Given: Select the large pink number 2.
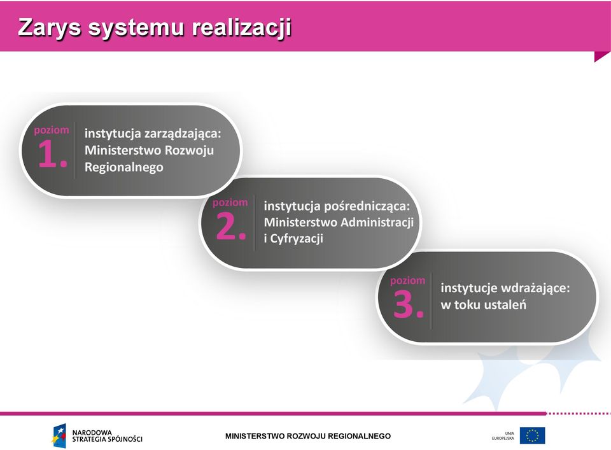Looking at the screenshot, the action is [230, 227].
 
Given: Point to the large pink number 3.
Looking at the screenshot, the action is [408, 304].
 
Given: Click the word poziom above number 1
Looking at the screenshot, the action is [52, 130].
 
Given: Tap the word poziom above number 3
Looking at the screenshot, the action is [407, 281].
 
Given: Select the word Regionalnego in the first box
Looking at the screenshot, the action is [124, 167].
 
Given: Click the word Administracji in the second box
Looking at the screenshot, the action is [377, 222].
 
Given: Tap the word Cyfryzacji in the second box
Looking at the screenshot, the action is [297, 239].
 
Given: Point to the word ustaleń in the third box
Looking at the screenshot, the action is [505, 304].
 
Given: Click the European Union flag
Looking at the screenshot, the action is [532, 435].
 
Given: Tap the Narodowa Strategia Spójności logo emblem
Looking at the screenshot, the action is [59, 435].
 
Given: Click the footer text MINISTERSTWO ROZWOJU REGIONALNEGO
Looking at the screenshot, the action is [308, 437].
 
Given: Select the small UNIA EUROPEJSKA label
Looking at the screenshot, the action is [503, 436].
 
